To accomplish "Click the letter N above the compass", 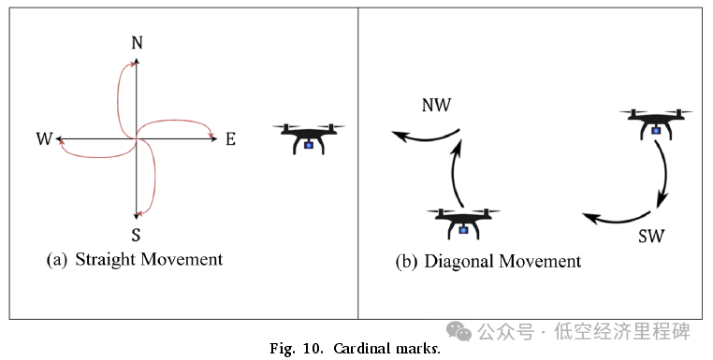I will (137, 42).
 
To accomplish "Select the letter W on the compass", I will (44, 139).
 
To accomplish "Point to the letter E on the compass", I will (229, 139).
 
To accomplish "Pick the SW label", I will (650, 236).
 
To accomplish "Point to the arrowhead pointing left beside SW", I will (588, 218).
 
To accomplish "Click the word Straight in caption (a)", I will (106, 259).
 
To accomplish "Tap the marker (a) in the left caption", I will (57, 260).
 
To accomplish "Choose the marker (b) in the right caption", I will (405, 261).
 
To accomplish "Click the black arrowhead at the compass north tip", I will (137, 62).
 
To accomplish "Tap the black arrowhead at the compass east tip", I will (212, 139).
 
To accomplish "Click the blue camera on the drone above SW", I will (656, 130).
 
